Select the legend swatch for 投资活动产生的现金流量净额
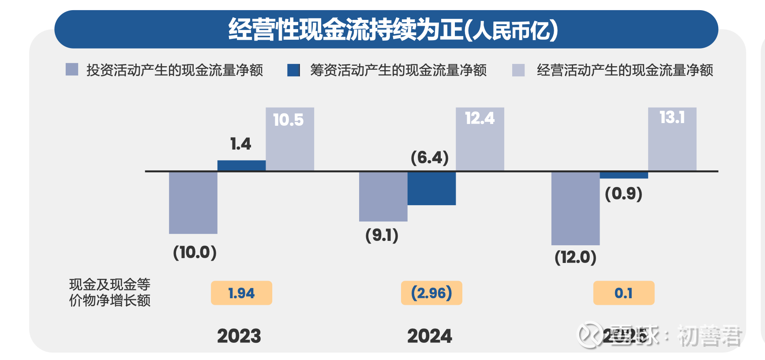tap(72, 70)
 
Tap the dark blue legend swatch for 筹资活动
tap(293, 70)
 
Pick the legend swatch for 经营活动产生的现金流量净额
tap(518, 70)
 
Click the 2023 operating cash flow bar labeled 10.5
tap(290, 139)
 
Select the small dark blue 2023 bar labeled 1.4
tap(241, 165)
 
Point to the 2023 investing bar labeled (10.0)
tap(193, 202)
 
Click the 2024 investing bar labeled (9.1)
tap(383, 197)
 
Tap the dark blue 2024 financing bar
tap(431, 188)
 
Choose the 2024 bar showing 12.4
tap(480, 139)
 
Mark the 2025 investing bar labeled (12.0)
tap(575, 208)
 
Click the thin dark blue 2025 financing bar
tap(624, 175)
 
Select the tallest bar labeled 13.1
tap(672, 139)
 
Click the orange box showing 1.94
tap(241, 293)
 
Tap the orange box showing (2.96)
tap(431, 293)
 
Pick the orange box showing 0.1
tap(623, 293)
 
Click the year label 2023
tap(239, 336)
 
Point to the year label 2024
tap(430, 336)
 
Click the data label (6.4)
tap(430, 157)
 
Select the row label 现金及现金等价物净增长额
tap(110, 292)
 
